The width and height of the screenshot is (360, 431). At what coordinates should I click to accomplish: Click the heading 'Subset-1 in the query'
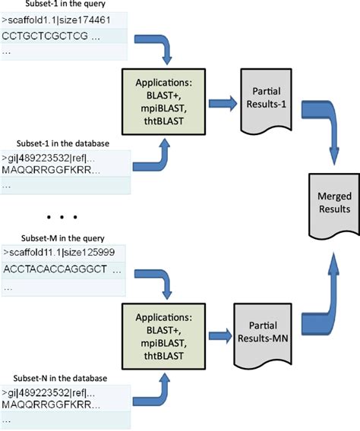62,5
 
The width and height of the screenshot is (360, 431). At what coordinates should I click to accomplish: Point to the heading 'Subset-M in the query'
62,236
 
